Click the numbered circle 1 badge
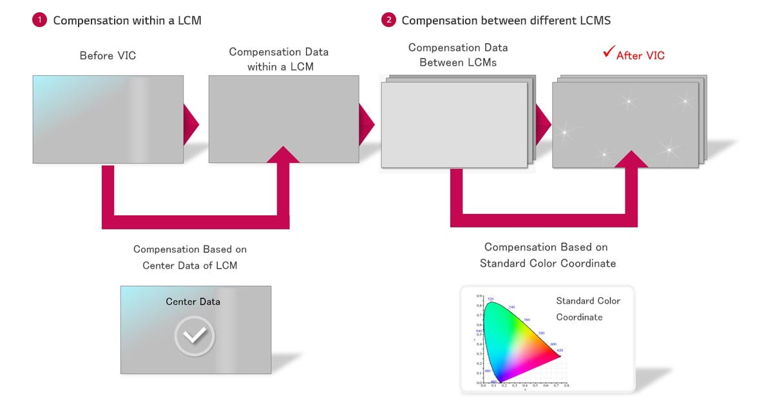(x=39, y=20)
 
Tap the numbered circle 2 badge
(x=388, y=20)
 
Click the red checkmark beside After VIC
(x=608, y=53)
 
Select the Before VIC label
(x=108, y=55)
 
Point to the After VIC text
(x=640, y=55)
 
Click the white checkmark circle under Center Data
(x=195, y=335)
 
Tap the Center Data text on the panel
(x=193, y=302)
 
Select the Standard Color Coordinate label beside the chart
(x=588, y=309)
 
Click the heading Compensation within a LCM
(x=127, y=20)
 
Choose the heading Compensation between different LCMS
(x=506, y=20)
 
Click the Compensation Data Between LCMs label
(x=458, y=55)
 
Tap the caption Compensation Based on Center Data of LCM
(x=190, y=256)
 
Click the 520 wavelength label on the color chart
(x=490, y=299)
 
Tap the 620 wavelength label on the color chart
(x=560, y=351)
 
